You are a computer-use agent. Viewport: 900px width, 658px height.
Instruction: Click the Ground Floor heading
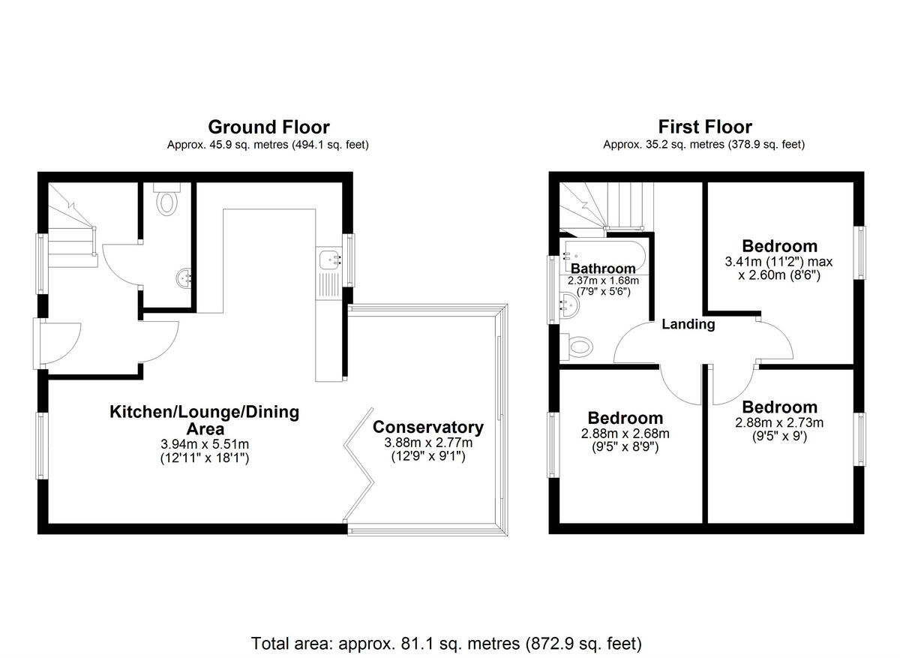click(268, 127)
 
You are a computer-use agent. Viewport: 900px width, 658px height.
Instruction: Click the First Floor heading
click(704, 127)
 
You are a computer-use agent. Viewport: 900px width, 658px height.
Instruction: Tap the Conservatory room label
click(428, 428)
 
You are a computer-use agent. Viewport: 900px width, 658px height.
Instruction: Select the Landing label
click(688, 325)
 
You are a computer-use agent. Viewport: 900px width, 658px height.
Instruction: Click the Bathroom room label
click(603, 269)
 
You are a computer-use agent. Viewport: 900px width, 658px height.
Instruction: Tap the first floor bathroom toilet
click(578, 346)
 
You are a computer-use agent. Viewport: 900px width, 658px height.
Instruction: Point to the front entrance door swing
click(63, 342)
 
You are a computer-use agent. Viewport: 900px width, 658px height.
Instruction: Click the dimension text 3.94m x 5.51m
click(204, 443)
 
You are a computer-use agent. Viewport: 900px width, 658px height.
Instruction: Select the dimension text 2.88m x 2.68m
click(625, 434)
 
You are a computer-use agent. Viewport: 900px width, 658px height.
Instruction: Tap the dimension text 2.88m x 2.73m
click(779, 422)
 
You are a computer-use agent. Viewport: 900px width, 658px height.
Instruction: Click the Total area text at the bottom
click(446, 643)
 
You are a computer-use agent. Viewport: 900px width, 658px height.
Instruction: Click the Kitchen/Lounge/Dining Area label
click(204, 420)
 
